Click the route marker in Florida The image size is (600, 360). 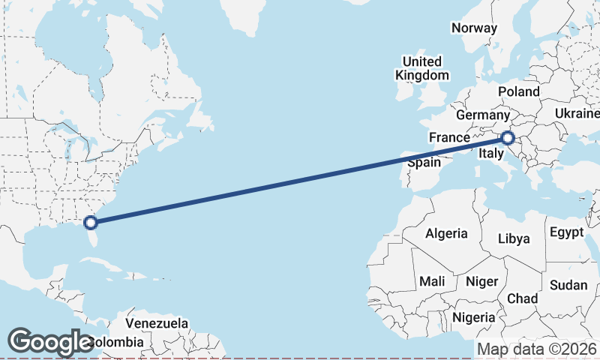(x=91, y=222)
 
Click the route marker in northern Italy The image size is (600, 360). (x=508, y=138)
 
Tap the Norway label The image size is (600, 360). (x=474, y=28)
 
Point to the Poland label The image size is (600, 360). (x=518, y=91)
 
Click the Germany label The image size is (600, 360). (x=482, y=115)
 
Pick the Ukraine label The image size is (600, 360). (x=577, y=113)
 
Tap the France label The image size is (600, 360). (x=449, y=138)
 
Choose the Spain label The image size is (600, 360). (x=424, y=163)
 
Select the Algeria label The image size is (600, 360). (x=446, y=233)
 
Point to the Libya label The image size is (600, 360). (x=514, y=238)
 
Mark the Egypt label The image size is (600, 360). (x=566, y=232)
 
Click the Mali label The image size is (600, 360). (x=432, y=281)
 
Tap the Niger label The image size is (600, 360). (x=481, y=281)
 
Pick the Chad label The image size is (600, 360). (x=522, y=298)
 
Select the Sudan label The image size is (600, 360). (x=568, y=285)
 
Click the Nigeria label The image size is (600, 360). (x=473, y=317)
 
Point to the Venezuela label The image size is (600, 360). (x=156, y=324)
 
